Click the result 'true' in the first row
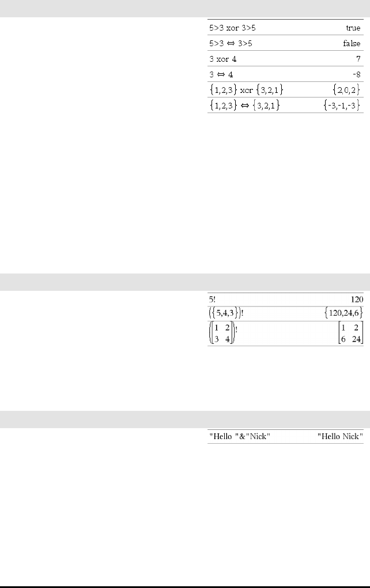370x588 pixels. click(353, 28)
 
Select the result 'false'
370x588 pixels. click(352, 43)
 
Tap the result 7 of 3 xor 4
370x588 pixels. click(358, 59)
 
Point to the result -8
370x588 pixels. click(357, 74)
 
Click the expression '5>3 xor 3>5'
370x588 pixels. click(232, 28)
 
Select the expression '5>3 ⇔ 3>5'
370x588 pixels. click(231, 43)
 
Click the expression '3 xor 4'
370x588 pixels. click(223, 59)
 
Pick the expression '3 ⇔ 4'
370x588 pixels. click(221, 74)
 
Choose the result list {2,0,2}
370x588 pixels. click(346, 89)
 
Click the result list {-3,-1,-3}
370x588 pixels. click(342, 106)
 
